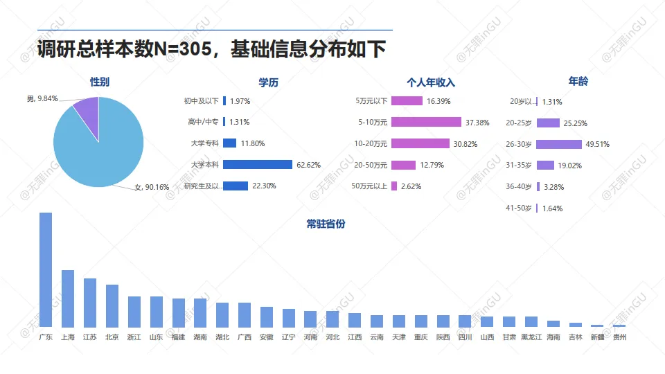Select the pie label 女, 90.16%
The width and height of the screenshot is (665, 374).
coord(152,187)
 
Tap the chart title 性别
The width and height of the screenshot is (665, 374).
coord(99,82)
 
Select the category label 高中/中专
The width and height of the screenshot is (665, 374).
coord(203,122)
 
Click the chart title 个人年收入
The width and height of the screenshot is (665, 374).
coord(430,82)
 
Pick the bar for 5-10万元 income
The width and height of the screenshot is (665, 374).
coord(426,122)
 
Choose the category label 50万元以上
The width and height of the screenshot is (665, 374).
coord(370,186)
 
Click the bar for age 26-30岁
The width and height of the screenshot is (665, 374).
coord(558,144)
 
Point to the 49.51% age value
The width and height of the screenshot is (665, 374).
coord(597,144)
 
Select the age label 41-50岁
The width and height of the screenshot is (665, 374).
coord(519,208)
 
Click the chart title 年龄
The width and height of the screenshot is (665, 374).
coord(578,81)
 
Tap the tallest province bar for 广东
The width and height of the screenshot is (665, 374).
coord(46,270)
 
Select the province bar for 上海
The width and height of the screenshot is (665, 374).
coord(68,298)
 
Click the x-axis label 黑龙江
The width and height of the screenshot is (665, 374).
coord(531,337)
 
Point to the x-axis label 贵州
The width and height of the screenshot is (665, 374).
coord(620,337)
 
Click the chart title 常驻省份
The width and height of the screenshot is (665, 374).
coord(326,224)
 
